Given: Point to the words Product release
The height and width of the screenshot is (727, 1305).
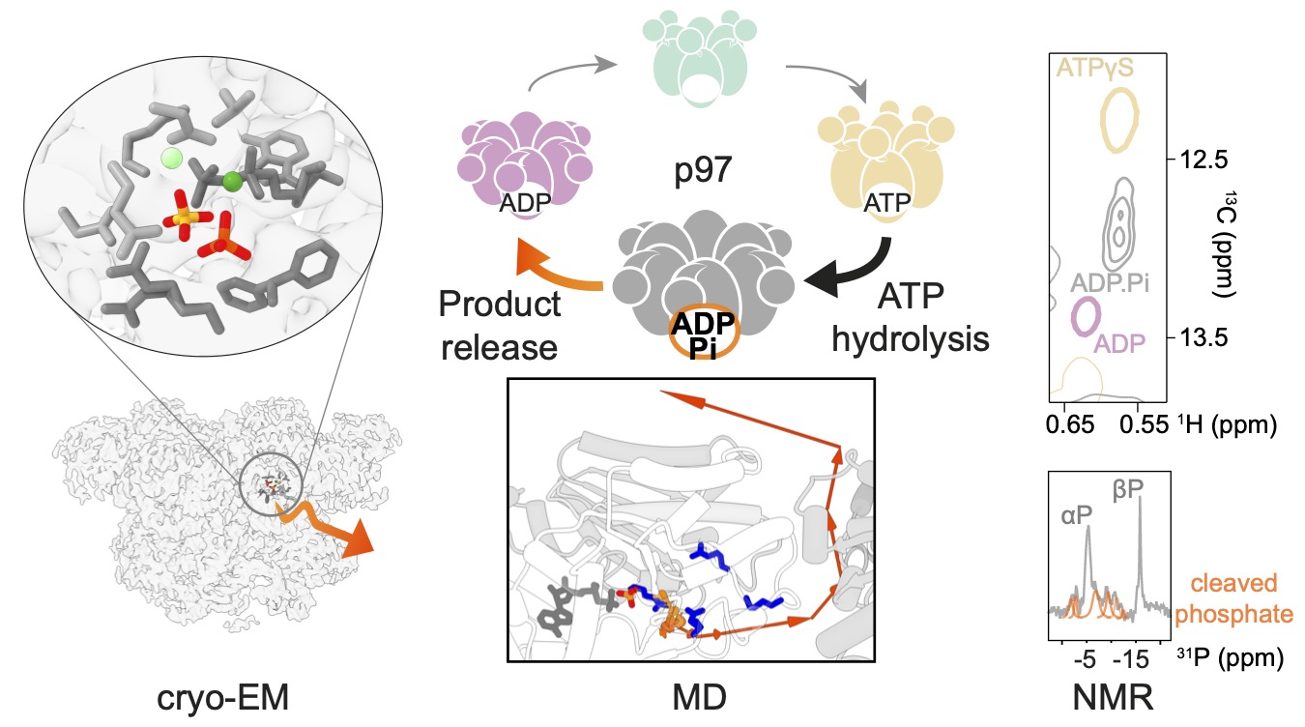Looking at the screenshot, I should (499, 324).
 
